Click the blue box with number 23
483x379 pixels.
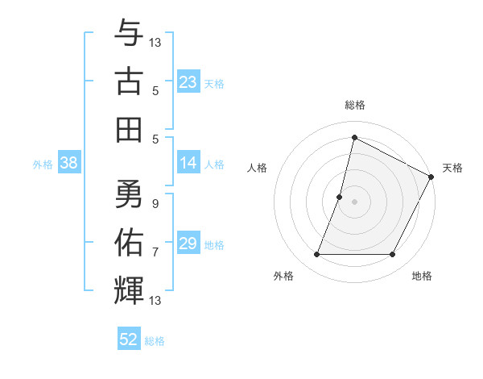pyautogui.click(x=188, y=81)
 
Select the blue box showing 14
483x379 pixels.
pyautogui.click(x=188, y=163)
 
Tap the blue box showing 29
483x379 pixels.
pyautogui.click(x=188, y=244)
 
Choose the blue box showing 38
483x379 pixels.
pyautogui.click(x=68, y=163)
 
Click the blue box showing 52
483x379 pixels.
pyautogui.click(x=129, y=339)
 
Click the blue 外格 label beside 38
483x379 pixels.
pyautogui.click(x=43, y=164)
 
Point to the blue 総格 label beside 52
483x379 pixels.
pyautogui.click(x=155, y=340)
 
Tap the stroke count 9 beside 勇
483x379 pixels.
pyautogui.click(x=155, y=204)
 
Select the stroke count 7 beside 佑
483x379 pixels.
pyautogui.click(x=155, y=252)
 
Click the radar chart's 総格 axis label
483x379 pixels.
pyautogui.click(x=354, y=105)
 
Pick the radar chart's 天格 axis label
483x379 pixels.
pyautogui.click(x=452, y=168)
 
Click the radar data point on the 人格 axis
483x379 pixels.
pyautogui.click(x=340, y=197)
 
